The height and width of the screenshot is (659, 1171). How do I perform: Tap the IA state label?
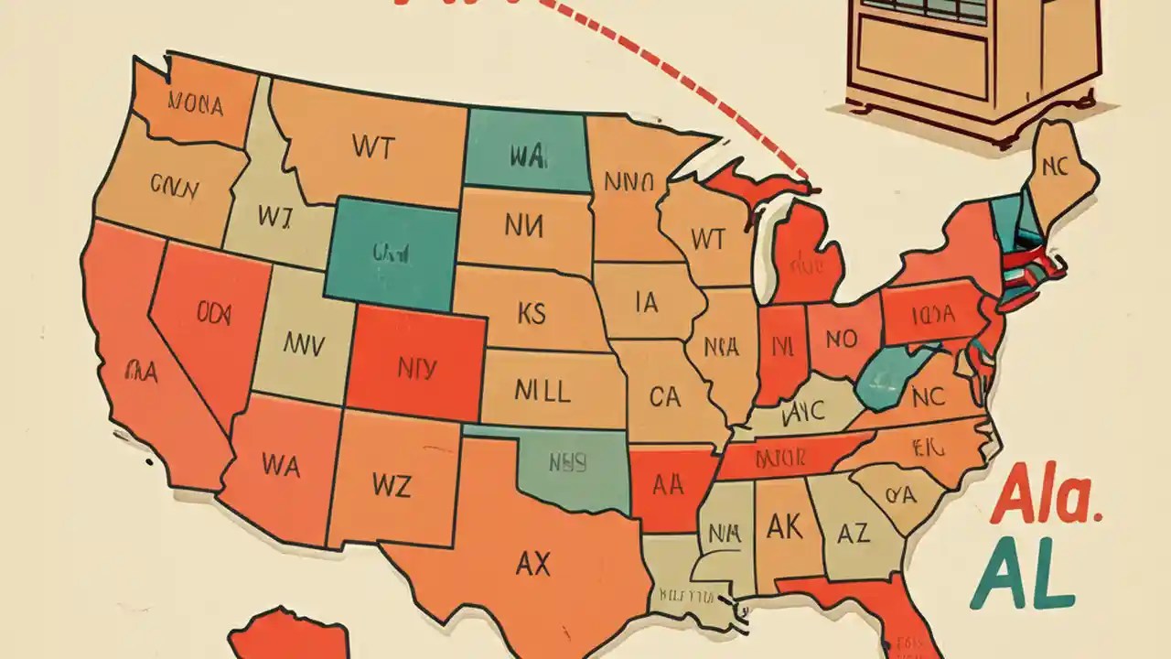[x=646, y=302]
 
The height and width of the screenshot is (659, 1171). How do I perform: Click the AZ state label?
[x=853, y=533]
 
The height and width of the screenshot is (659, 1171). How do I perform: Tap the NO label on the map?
[x=841, y=340]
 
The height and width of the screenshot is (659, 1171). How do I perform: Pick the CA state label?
[x=664, y=396]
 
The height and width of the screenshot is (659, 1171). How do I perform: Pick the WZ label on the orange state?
[x=392, y=485]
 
